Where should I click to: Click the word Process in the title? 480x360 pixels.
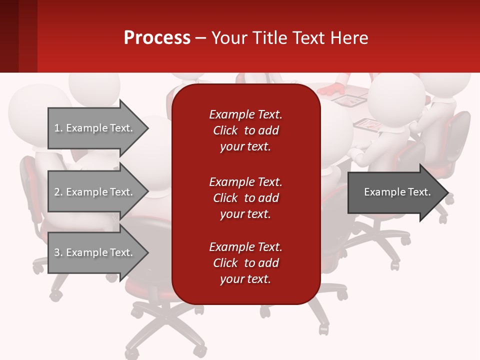157,38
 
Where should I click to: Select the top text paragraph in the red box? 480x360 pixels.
245,130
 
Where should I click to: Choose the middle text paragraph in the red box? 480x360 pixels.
245,198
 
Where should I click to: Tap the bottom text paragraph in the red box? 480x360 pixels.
245,263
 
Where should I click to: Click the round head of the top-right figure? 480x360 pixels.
397,92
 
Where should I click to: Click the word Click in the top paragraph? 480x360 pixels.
225,130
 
